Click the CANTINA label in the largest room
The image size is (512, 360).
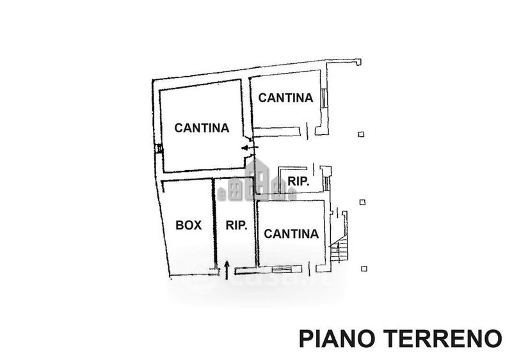pos(202,127)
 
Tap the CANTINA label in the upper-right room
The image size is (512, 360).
pos(285,98)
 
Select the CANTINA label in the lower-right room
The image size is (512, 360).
pos(291,233)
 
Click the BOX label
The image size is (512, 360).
pos(188,224)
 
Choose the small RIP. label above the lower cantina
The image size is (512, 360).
pos(298,181)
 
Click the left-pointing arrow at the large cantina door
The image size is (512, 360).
pos(248,148)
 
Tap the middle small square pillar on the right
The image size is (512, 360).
pos(362,202)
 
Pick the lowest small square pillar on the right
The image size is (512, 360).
pos(364,268)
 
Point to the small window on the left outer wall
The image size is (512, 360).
pos(159,148)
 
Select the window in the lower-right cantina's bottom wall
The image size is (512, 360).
pos(280,269)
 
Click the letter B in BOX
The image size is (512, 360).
pos(179,224)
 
